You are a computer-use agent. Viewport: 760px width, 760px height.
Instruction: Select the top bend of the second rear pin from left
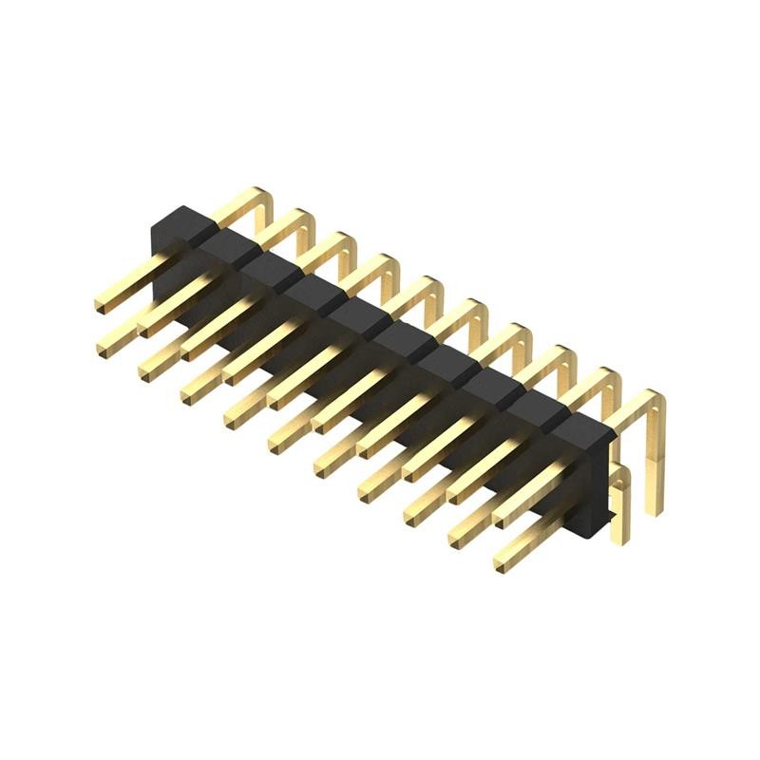point(302,218)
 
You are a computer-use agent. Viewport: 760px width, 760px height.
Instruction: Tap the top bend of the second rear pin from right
point(608,376)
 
